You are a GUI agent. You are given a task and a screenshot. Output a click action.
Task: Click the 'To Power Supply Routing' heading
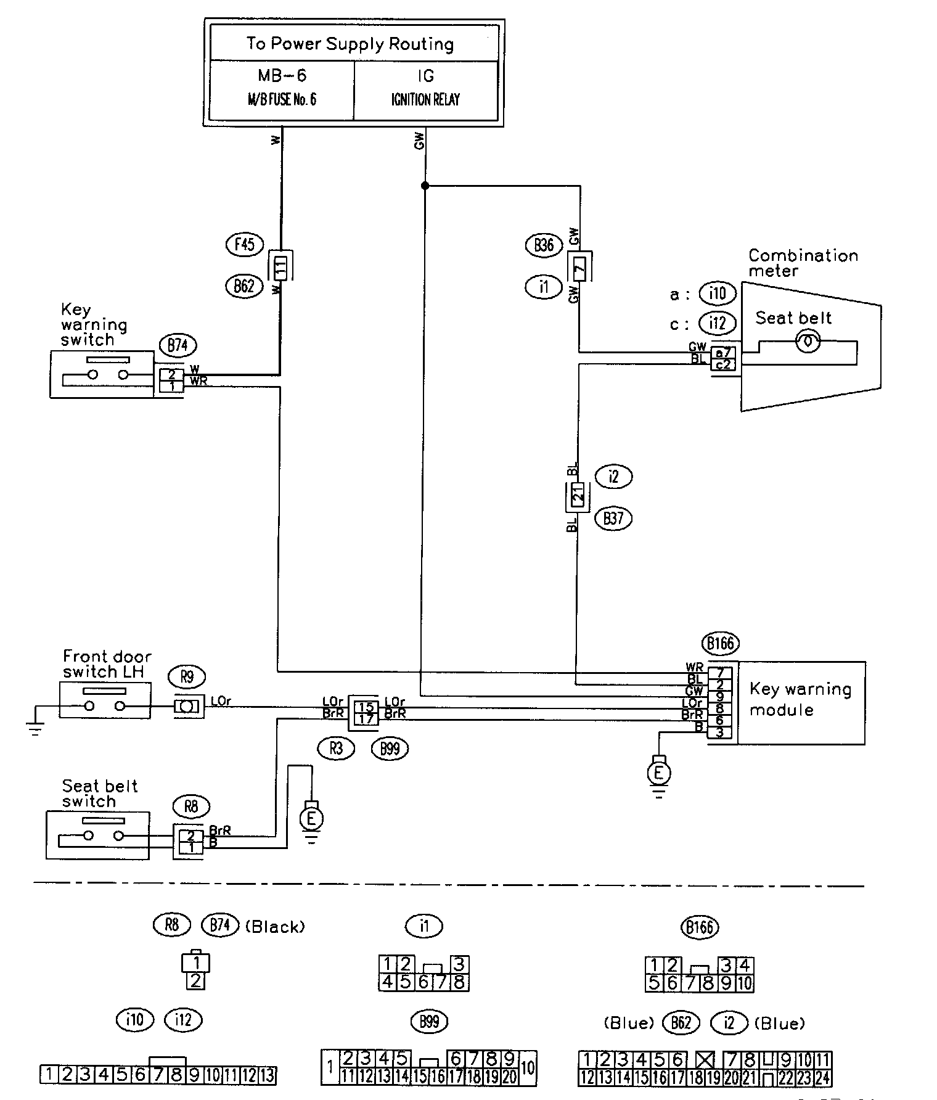pyautogui.click(x=350, y=44)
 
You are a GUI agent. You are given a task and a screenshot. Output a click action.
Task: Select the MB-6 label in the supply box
pyautogui.click(x=282, y=76)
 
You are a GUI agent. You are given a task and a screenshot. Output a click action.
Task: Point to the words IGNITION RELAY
pyautogui.click(x=425, y=100)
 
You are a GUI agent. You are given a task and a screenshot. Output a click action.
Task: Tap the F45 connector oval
pyautogui.click(x=244, y=245)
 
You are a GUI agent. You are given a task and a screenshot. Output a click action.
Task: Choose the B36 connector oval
pyautogui.click(x=544, y=245)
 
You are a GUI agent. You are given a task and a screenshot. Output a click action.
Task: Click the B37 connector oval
pyautogui.click(x=613, y=518)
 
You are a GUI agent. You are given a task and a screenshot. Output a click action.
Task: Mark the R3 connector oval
pyautogui.click(x=336, y=749)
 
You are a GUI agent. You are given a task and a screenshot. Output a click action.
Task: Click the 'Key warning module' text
pyautogui.click(x=800, y=699)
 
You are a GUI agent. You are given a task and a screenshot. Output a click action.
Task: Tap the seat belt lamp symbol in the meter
pyautogui.click(x=808, y=341)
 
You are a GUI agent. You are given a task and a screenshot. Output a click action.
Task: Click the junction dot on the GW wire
pyautogui.click(x=425, y=185)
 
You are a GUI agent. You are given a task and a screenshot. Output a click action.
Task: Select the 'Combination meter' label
pyautogui.click(x=803, y=263)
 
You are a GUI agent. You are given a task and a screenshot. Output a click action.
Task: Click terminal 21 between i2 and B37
pyautogui.click(x=578, y=496)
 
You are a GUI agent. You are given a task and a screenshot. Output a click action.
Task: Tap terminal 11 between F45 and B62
pyautogui.click(x=281, y=267)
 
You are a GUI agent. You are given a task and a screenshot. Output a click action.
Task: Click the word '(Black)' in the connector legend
pyautogui.click(x=275, y=927)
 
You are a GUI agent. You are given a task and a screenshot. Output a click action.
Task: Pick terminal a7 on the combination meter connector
pyautogui.click(x=723, y=353)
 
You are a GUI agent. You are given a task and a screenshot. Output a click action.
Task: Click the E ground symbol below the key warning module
pyautogui.click(x=659, y=772)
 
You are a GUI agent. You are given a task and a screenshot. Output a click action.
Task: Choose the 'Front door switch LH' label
pyautogui.click(x=107, y=664)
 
